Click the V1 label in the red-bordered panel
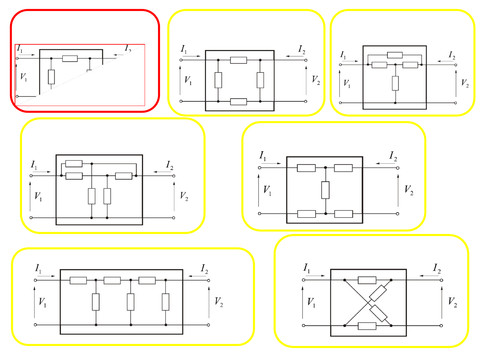tap(23, 77)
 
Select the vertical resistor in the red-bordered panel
tap(51, 77)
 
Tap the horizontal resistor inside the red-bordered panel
tap(70, 59)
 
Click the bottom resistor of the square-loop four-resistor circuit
tap(238, 102)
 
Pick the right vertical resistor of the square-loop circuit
tap(260, 80)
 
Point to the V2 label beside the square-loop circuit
tap(316, 80)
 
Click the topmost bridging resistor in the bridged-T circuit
tap(394, 55)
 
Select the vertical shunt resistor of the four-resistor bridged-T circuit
tap(395, 83)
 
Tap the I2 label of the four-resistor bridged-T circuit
tap(452, 55)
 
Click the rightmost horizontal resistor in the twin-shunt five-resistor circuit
tap(124, 176)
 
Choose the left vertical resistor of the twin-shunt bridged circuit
tap(91, 196)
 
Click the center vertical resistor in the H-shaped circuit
tap(325, 190)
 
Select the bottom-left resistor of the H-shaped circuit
tap(306, 214)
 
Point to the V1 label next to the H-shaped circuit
tap(267, 191)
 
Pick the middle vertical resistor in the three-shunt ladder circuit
tap(130, 302)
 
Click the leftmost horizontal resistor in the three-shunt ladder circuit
tap(78, 280)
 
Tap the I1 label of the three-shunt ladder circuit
tap(38, 269)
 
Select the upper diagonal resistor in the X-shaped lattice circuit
tap(378, 293)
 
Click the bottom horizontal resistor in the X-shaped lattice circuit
tap(367, 326)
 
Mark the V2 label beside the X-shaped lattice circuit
tap(452, 302)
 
